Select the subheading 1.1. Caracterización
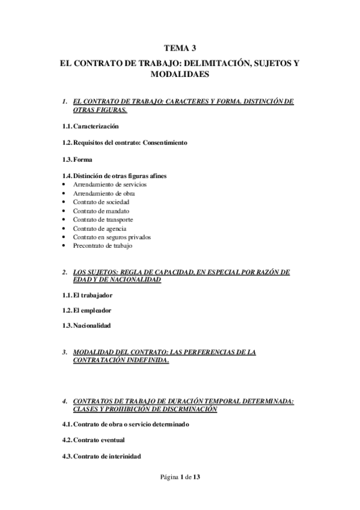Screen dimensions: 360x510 [90, 126]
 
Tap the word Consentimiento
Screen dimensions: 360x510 [165, 143]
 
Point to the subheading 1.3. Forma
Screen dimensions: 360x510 [77, 159]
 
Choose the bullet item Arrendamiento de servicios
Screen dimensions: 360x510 [110, 184]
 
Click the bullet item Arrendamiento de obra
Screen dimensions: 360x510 [103, 194]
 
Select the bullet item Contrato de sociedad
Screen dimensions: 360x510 [101, 202]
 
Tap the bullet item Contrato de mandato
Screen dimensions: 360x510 [101, 211]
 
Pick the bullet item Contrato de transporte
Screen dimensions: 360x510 [103, 220]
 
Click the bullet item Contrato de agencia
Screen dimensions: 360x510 [99, 229]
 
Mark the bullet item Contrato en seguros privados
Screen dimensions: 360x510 [112, 237]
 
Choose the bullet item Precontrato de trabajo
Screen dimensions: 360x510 [103, 245]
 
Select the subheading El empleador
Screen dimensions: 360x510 [92, 311]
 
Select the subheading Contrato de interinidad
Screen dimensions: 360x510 [107, 456]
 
